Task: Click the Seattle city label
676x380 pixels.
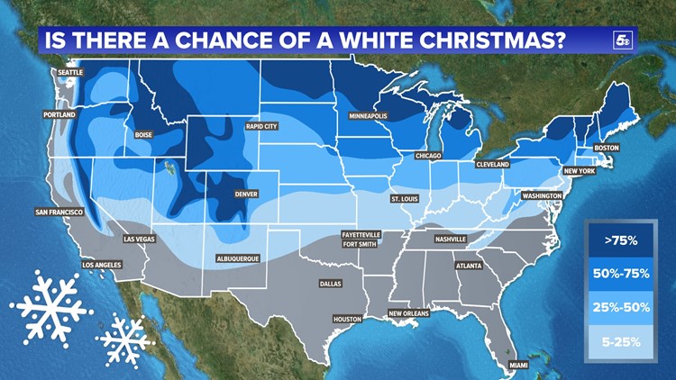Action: pyautogui.click(x=69, y=71)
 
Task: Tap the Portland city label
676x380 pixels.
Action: pyautogui.click(x=60, y=115)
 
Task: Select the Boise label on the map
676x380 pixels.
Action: pyautogui.click(x=143, y=135)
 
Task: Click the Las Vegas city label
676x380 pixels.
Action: pyautogui.click(x=139, y=239)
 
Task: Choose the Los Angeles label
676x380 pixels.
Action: pyautogui.click(x=100, y=266)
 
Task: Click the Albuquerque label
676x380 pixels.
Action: pyautogui.click(x=239, y=258)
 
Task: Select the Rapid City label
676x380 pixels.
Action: pyautogui.click(x=262, y=127)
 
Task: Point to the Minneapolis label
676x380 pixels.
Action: pyautogui.click(x=369, y=116)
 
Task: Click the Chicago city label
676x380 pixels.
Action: pyautogui.click(x=428, y=156)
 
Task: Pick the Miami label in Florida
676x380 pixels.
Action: pyautogui.click(x=517, y=365)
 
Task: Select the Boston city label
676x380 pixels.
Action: pyautogui.click(x=607, y=148)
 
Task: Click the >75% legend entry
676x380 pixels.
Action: pyautogui.click(x=621, y=240)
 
